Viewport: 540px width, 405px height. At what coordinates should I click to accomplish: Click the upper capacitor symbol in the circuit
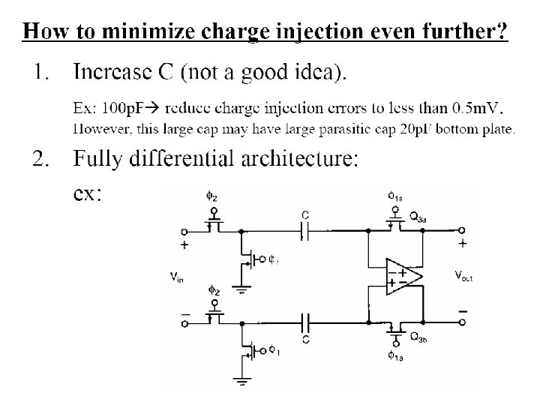tap(305, 231)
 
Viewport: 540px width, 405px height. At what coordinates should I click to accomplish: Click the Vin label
tap(177, 277)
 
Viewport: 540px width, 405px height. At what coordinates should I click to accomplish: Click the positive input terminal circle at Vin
tap(184, 231)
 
